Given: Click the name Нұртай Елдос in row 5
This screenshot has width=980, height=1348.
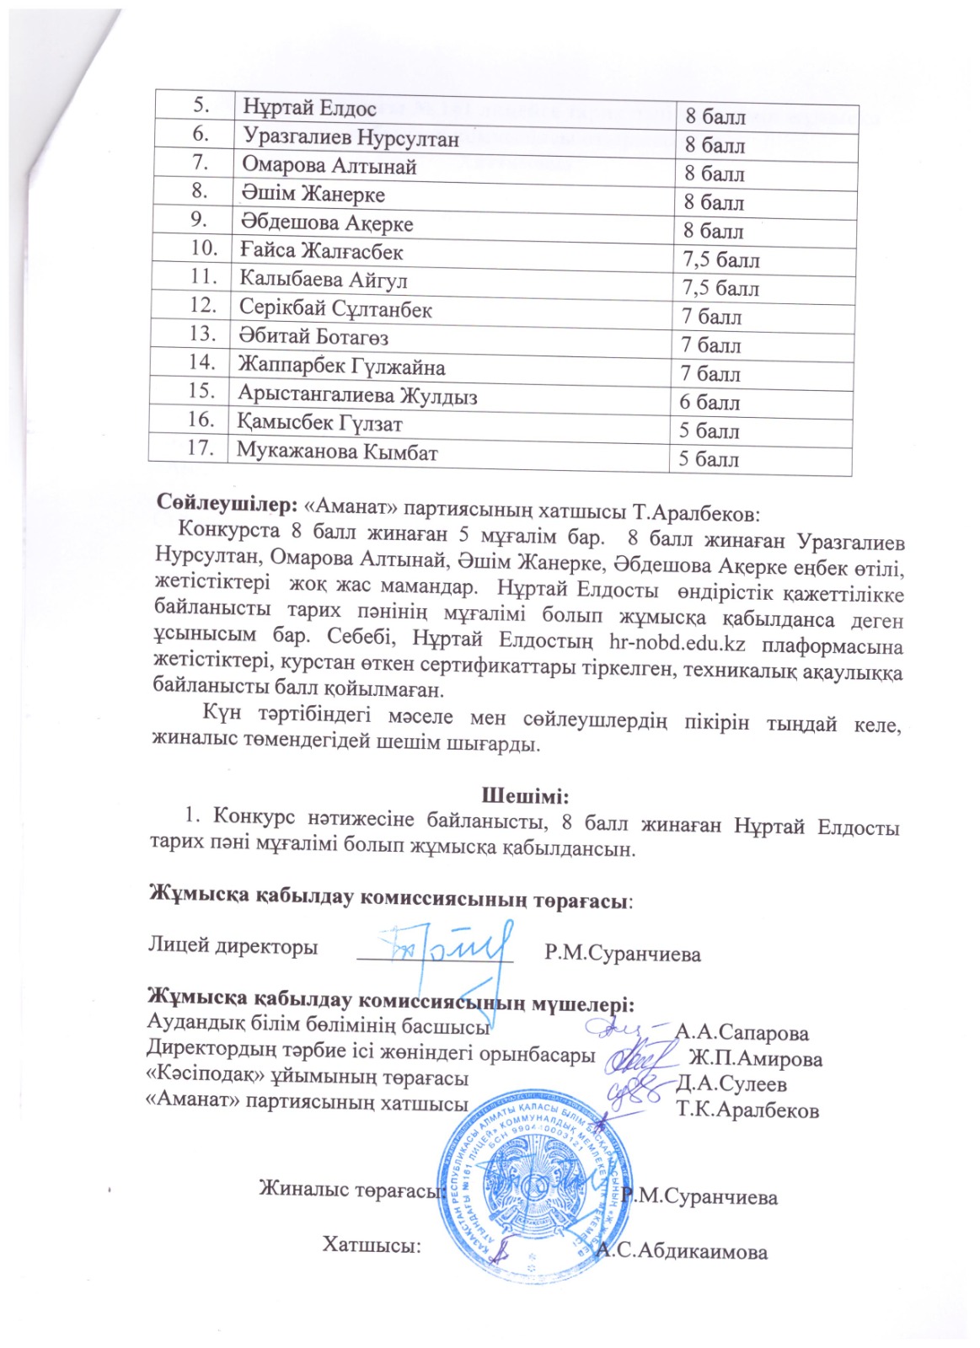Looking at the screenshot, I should [309, 108].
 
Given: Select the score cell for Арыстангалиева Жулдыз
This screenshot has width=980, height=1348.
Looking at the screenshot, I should [710, 403].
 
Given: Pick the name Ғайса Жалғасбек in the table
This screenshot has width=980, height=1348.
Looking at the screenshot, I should [322, 251].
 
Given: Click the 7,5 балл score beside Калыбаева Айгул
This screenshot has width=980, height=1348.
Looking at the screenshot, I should [720, 289].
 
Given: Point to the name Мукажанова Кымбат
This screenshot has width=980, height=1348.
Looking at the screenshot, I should [337, 452].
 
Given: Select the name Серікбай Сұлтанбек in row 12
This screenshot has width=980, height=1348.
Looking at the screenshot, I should [335, 309].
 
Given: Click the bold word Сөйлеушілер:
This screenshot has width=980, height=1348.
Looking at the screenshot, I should [227, 504].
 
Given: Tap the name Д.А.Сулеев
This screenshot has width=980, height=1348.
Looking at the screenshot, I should [731, 1084].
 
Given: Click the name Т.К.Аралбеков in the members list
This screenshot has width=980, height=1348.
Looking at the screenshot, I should [747, 1110].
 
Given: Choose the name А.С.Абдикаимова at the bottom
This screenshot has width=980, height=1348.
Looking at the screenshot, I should [682, 1251].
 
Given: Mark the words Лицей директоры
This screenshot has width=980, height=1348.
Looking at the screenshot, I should [233, 946].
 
